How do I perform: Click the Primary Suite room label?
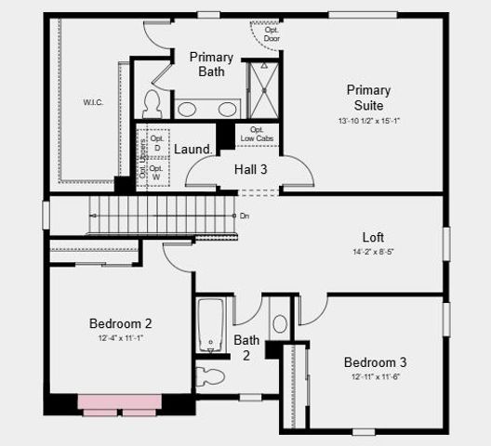tap(368, 98)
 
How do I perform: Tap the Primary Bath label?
tap(211, 64)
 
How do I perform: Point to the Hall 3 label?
tap(250, 168)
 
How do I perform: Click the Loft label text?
tap(373, 237)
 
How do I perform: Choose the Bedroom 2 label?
tap(120, 323)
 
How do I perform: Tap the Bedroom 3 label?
tap(374, 362)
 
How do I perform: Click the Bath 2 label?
tap(246, 347)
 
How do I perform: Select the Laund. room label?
tap(193, 149)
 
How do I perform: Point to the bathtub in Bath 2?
tap(212, 326)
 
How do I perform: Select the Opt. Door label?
tap(272, 35)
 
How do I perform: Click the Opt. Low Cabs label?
tap(257, 134)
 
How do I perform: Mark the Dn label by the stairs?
tap(245, 216)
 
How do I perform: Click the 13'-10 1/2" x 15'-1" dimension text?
tap(368, 120)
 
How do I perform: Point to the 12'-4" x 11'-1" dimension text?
tap(120, 338)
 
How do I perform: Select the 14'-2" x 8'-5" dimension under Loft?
tap(373, 253)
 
